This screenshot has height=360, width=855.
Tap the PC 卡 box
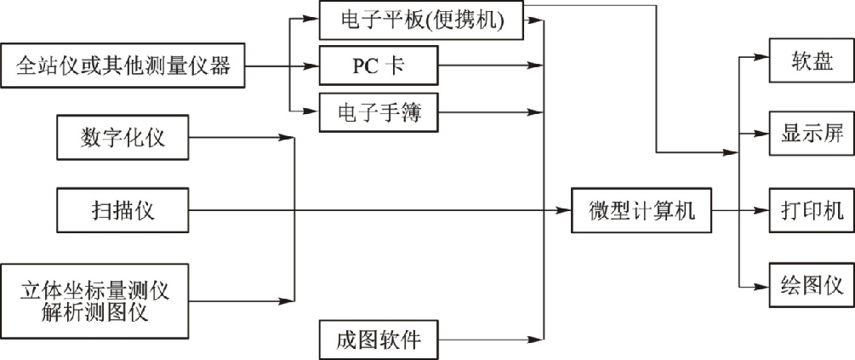tap(379, 66)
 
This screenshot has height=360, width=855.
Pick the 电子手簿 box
tap(379, 111)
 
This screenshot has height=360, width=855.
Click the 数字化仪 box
tap(123, 137)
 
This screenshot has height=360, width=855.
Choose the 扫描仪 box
tap(123, 210)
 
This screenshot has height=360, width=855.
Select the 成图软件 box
tap(379, 340)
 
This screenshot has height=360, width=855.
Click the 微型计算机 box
tap(641, 210)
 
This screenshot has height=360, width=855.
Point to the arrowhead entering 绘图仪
tap(762, 284)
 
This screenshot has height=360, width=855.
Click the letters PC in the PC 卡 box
tap(366, 66)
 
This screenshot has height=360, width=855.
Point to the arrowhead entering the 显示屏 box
tap(762, 134)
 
